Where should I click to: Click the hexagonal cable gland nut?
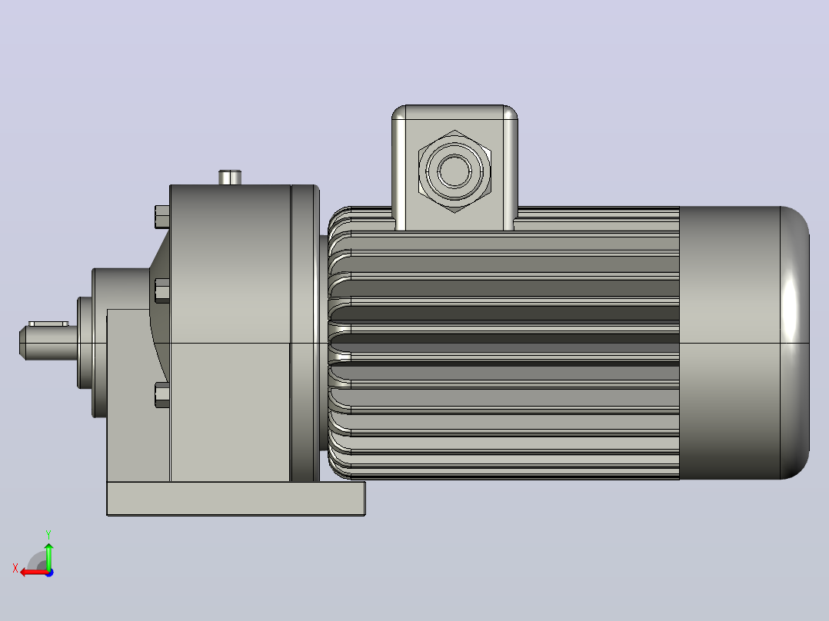pos(454,171)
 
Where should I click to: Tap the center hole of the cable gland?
pos(454,171)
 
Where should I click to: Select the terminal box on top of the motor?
pos(454,168)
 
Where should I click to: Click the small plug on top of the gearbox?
pos(230,177)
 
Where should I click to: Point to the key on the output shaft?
pos(48,323)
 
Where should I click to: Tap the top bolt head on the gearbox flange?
pos(162,217)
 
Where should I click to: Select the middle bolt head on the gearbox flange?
pos(162,291)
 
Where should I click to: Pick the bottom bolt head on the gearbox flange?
pos(162,395)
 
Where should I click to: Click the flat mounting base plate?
pos(236,498)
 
